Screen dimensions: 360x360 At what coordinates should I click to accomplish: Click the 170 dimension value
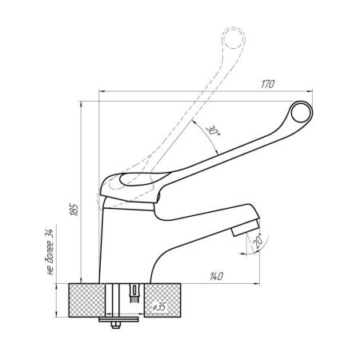click(267, 84)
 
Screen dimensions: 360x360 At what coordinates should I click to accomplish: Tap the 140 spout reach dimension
click(216, 276)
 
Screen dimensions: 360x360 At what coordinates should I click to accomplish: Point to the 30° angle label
click(213, 130)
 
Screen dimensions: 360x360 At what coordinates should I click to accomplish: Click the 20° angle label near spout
click(258, 241)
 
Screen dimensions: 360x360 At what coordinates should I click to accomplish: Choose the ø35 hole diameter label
click(159, 307)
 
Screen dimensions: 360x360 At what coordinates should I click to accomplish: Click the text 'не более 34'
click(50, 252)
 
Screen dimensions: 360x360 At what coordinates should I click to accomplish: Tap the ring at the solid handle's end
click(302, 112)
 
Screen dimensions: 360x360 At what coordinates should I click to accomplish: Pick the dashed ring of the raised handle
click(234, 38)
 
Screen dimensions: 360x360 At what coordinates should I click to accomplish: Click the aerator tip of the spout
click(246, 227)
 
